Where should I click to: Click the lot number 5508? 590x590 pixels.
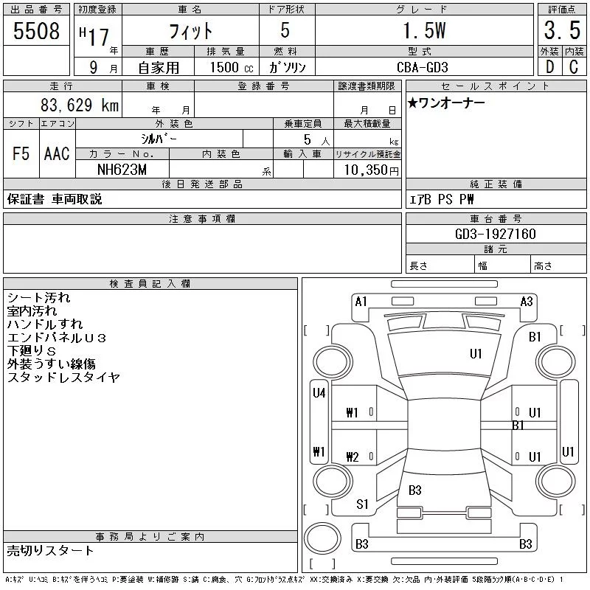pos(36,31)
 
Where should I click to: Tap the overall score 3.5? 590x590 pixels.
pos(562,30)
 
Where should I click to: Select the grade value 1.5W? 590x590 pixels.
pos(424,30)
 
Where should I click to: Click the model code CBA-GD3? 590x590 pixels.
pos(422,67)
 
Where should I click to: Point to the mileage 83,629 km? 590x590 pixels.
pos(80,105)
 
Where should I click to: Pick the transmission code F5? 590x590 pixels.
pos(21,153)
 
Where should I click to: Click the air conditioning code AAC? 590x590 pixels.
pos(57,153)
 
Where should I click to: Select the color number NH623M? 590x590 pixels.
pos(122,170)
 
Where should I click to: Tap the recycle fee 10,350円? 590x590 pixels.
pos(371,170)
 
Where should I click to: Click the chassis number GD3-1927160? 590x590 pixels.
pos(495,234)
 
